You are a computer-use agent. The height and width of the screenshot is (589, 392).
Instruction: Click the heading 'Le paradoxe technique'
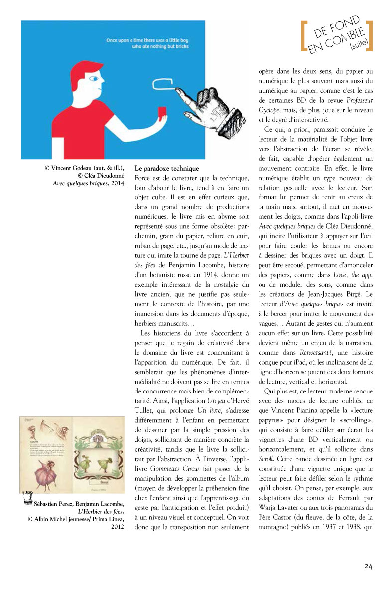coord(167,168)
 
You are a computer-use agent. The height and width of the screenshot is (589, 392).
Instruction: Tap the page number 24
coord(368,566)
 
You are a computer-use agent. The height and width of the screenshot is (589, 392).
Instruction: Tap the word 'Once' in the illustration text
coord(114,39)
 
